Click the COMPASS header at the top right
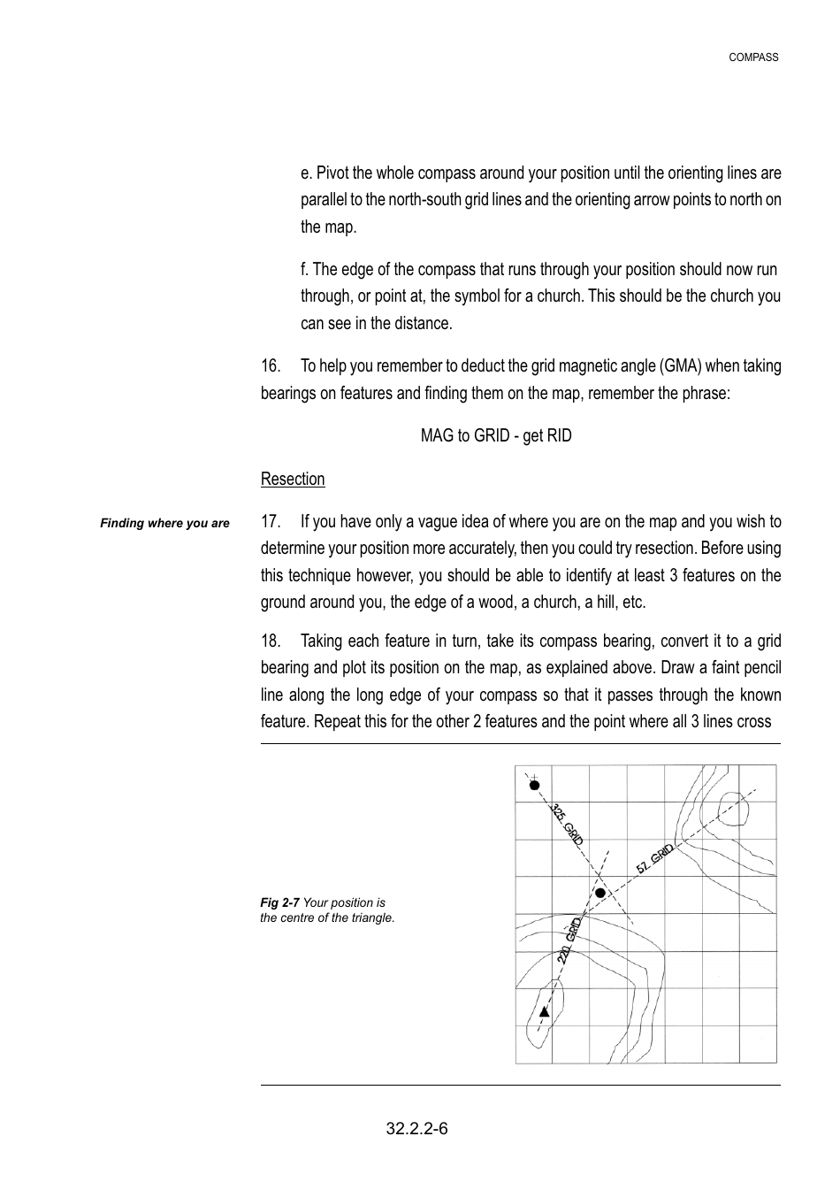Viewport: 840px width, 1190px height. click(753, 58)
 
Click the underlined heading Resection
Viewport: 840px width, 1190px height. click(293, 480)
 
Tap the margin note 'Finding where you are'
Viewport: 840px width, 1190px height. click(164, 524)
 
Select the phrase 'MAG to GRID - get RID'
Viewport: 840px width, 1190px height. click(495, 436)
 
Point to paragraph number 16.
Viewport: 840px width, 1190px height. click(270, 366)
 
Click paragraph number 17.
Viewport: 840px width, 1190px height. click(270, 522)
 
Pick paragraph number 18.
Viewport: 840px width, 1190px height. click(270, 641)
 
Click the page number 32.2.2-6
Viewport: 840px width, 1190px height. click(416, 1129)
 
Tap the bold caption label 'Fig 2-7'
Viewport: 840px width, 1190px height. click(279, 903)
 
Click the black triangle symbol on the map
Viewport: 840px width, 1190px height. click(545, 1011)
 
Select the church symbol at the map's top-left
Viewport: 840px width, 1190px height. click(534, 784)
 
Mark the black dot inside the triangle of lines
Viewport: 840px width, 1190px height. click(600, 894)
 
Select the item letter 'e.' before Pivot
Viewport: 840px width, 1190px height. click(307, 173)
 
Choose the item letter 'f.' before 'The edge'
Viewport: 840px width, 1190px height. click(305, 270)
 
